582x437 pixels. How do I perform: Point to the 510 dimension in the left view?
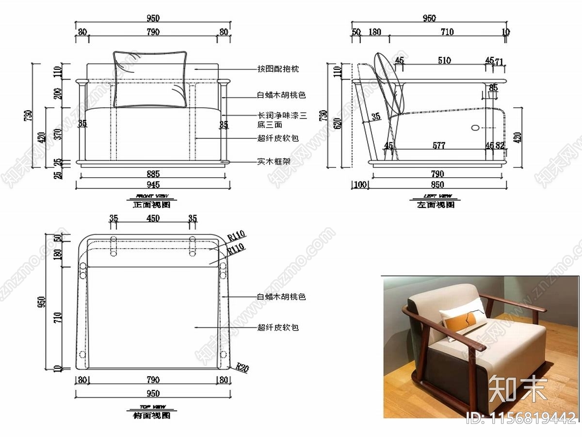[444, 61]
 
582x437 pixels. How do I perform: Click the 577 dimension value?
[438, 145]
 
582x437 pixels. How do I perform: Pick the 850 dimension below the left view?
[437, 185]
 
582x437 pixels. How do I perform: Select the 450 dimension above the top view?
[153, 218]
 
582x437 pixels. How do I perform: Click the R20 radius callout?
[242, 368]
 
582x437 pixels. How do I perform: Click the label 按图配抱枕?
[278, 69]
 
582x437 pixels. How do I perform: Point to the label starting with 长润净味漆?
[282, 116]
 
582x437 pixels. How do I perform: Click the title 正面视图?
[151, 205]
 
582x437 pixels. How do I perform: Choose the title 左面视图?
[436, 205]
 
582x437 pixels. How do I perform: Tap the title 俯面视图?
[151, 416]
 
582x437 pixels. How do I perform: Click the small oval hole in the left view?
[475, 128]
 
